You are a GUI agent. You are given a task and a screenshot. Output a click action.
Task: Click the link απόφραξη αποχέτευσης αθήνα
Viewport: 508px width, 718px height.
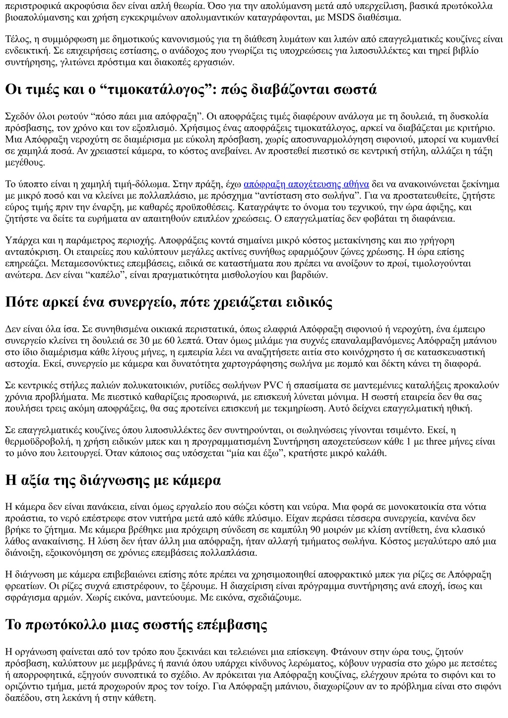tap(306, 184)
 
